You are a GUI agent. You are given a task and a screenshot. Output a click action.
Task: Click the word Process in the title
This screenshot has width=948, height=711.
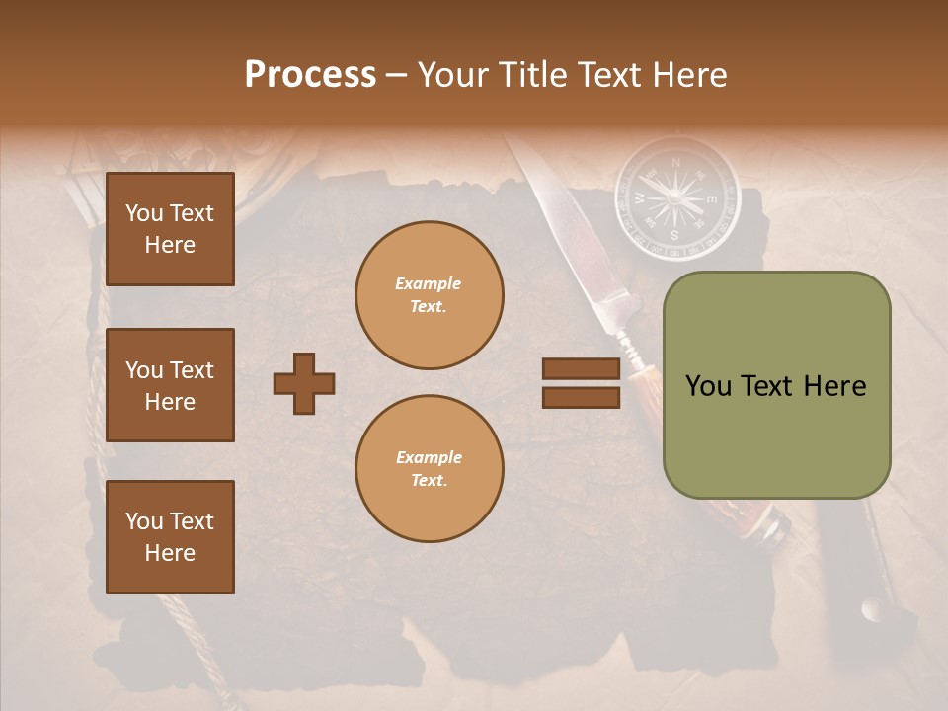[310, 75]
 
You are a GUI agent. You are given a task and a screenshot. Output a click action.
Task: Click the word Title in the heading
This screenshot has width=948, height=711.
[535, 75]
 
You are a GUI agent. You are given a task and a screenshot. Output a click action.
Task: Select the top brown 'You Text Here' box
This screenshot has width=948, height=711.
[170, 229]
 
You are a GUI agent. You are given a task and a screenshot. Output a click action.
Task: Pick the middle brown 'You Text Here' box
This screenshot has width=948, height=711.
[170, 385]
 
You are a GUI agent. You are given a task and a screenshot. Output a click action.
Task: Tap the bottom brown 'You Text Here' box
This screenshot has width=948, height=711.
[170, 537]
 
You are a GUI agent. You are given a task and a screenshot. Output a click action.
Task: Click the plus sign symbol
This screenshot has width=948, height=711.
[304, 383]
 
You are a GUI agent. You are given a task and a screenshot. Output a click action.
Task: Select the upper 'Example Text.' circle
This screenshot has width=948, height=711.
[429, 295]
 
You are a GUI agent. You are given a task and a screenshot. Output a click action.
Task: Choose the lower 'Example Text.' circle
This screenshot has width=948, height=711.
[429, 469]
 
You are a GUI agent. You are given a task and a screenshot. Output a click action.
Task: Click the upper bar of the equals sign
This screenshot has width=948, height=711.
[581, 368]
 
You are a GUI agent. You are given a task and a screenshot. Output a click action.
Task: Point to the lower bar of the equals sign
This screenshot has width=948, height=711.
[581, 397]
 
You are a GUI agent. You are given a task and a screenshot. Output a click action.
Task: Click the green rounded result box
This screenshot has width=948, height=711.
[776, 385]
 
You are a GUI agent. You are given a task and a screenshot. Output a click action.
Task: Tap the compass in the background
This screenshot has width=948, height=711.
[676, 197]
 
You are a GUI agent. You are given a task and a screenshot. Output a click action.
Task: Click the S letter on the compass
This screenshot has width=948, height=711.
[675, 235]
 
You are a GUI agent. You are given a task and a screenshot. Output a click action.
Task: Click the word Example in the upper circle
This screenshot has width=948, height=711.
[429, 284]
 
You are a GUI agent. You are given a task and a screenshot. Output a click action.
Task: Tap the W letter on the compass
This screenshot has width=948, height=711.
[639, 198]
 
